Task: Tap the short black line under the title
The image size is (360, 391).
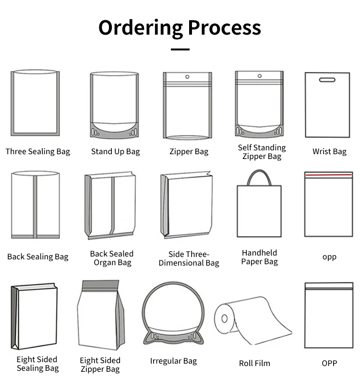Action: [x=180, y=49]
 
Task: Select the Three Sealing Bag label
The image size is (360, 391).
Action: [x=37, y=152]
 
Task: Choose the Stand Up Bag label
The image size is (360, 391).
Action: [x=115, y=152]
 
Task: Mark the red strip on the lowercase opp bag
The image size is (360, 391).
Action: [x=329, y=176]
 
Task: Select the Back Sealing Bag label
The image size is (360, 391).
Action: [x=37, y=257]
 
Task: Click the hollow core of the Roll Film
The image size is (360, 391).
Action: [x=224, y=318]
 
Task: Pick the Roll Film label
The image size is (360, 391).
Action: [x=254, y=364]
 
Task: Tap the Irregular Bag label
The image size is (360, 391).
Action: [x=173, y=361]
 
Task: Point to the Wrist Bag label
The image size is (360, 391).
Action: [x=329, y=152]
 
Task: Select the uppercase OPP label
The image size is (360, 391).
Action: [x=329, y=364]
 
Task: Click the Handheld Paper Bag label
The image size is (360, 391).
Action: [x=259, y=257]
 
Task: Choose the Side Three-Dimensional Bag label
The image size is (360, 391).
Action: [x=189, y=258]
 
